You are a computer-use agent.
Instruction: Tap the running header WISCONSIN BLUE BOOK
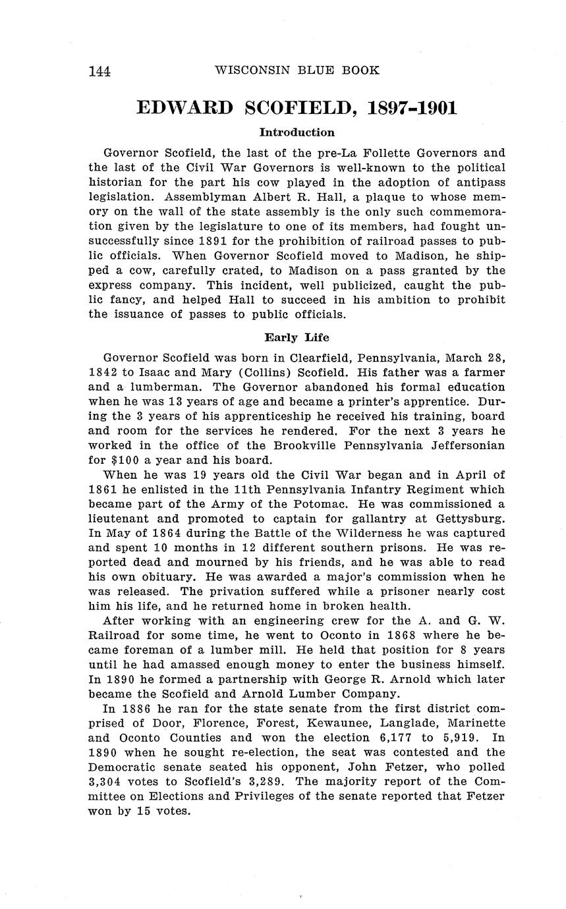click(x=297, y=70)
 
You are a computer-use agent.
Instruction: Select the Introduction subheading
click(x=297, y=132)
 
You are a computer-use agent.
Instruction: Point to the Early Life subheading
click(x=297, y=337)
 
